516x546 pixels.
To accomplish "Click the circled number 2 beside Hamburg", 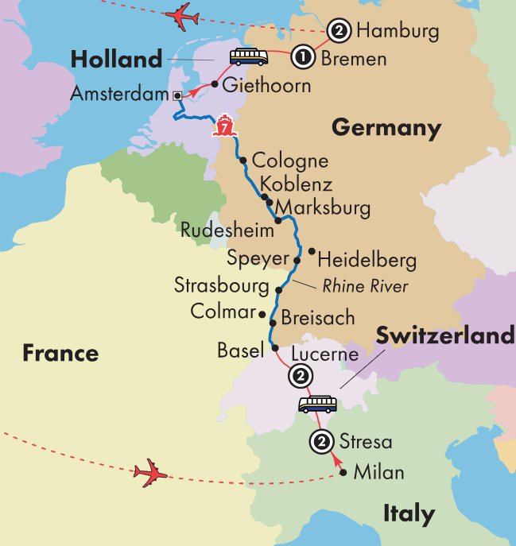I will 339,32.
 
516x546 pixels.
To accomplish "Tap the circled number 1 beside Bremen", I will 303,57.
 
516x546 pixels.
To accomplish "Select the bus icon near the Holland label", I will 249,57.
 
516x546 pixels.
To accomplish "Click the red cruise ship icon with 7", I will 225,126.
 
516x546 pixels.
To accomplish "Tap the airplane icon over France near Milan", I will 151,474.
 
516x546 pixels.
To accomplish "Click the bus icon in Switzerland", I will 317,405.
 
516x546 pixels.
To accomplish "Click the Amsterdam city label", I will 120,94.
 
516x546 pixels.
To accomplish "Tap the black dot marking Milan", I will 343,473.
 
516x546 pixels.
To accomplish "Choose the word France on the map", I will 60,353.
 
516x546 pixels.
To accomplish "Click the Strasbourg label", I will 223,285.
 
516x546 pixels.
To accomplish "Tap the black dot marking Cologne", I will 242,160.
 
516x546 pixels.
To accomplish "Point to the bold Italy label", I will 409,513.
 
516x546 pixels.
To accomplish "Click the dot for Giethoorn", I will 215,83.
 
